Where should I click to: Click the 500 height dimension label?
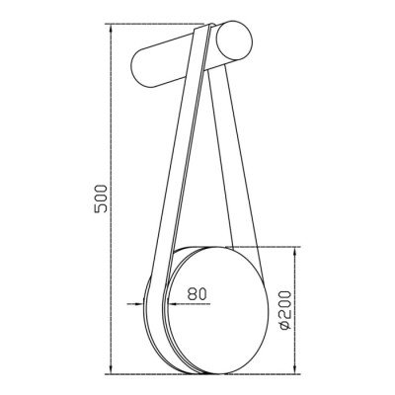coord(101,198)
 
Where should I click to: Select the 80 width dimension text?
coord(197,294)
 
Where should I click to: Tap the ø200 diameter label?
coord(285,309)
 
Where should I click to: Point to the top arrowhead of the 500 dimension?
coord(112,28)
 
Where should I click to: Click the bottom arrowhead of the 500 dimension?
coord(112,370)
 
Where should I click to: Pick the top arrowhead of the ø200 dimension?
coord(295,251)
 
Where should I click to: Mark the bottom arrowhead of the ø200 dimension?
coord(295,370)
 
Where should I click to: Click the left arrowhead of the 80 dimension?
coord(140,303)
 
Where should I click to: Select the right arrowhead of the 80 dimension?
coord(172,303)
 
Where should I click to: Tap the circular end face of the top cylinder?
coord(235,40)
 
